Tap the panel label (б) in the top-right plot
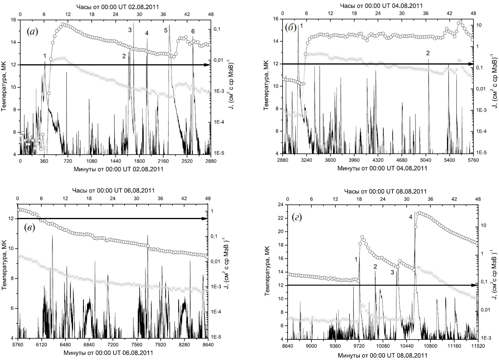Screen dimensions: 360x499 pos(291,28)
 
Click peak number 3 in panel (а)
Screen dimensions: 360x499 pos(130,30)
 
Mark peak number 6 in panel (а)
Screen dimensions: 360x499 pos(193,32)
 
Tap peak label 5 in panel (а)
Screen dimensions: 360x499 pos(166,30)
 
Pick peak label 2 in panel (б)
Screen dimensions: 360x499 pos(428,53)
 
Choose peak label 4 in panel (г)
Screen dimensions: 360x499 pos(411,217)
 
